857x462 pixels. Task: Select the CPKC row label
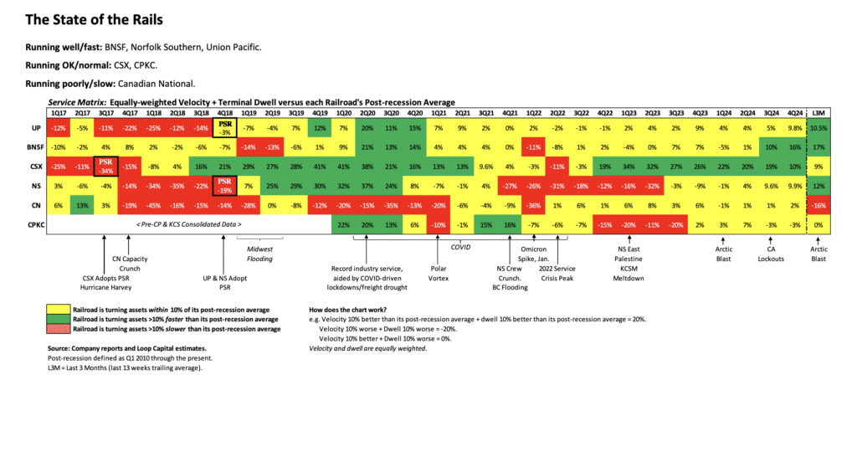pyautogui.click(x=28, y=224)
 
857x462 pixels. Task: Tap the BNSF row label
pyautogui.click(x=28, y=146)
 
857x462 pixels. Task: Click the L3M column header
pyautogui.click(x=820, y=112)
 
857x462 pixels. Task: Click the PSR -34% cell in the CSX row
pyautogui.click(x=105, y=165)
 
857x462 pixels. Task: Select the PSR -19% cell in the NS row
pyautogui.click(x=224, y=185)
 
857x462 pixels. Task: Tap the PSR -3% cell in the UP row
pyautogui.click(x=224, y=126)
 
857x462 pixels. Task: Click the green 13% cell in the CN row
pyautogui.click(x=82, y=205)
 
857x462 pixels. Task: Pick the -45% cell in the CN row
pyautogui.click(x=153, y=205)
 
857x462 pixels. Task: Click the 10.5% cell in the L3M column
pyautogui.click(x=820, y=126)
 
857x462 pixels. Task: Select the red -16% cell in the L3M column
pyautogui.click(x=820, y=205)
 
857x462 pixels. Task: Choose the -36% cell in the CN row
pyautogui.click(x=533, y=205)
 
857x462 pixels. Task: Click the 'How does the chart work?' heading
pyautogui.click(x=357, y=309)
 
